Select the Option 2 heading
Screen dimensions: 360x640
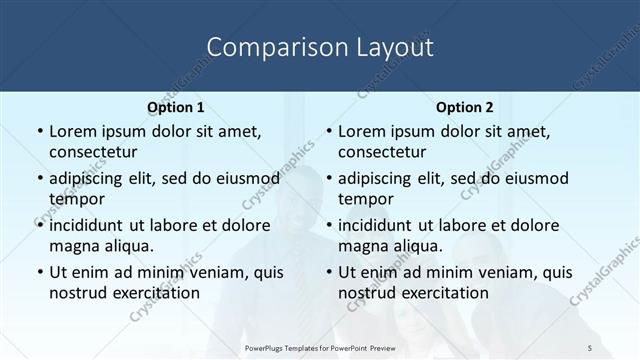465,106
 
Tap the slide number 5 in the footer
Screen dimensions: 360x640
590,345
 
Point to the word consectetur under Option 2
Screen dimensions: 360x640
383,151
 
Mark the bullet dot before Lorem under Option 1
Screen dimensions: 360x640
39,131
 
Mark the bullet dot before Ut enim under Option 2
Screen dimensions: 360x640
329,272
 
